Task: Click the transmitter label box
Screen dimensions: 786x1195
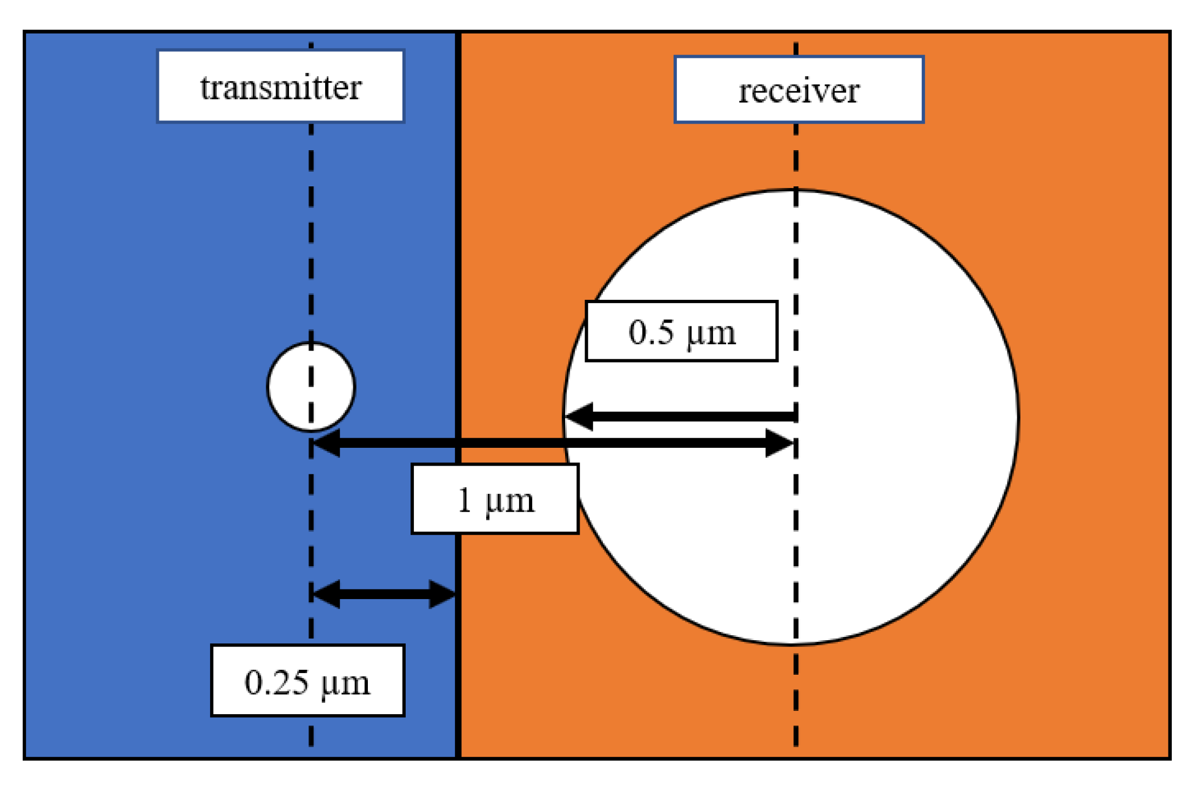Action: pos(280,86)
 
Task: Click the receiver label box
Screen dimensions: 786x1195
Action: pos(798,90)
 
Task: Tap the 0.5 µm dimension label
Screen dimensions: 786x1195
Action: pos(681,331)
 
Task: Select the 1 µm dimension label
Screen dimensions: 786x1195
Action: pos(495,499)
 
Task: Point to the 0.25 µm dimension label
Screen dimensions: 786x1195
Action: pos(307,681)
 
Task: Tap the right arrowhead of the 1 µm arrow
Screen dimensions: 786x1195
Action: pos(779,444)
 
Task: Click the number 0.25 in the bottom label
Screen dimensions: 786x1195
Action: pos(277,682)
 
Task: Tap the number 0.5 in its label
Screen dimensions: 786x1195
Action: pos(652,332)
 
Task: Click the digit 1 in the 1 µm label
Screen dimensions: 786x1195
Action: pos(464,500)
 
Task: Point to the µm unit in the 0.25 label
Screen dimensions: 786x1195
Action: pos(346,684)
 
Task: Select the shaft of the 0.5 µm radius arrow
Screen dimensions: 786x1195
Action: pos(692,416)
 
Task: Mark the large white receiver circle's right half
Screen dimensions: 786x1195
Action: pos(908,416)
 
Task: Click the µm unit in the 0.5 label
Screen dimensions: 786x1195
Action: pos(711,334)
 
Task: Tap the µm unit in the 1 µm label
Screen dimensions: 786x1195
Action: pos(509,502)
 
